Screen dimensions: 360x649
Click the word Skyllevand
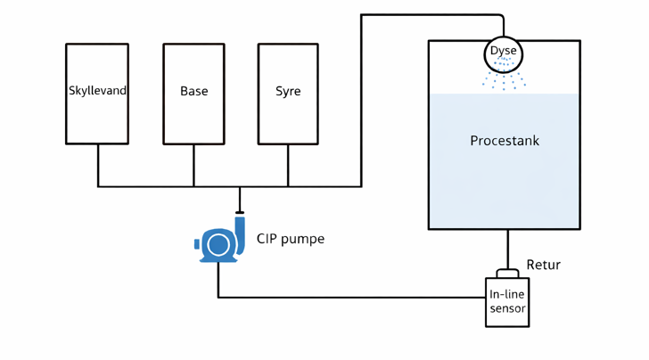[97, 91]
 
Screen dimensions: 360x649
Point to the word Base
[193, 91]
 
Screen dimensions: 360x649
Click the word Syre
[288, 91]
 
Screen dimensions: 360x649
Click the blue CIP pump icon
[219, 242]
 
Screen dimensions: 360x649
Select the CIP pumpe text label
[291, 239]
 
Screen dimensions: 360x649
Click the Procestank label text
[505, 141]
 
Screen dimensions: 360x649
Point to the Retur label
[543, 265]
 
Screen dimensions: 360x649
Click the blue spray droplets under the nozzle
[505, 81]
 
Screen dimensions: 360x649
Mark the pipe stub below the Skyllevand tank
[98, 165]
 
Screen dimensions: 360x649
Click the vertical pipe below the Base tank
[193, 165]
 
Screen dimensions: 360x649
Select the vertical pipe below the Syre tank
[288, 165]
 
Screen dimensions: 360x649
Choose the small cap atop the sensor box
[507, 273]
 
